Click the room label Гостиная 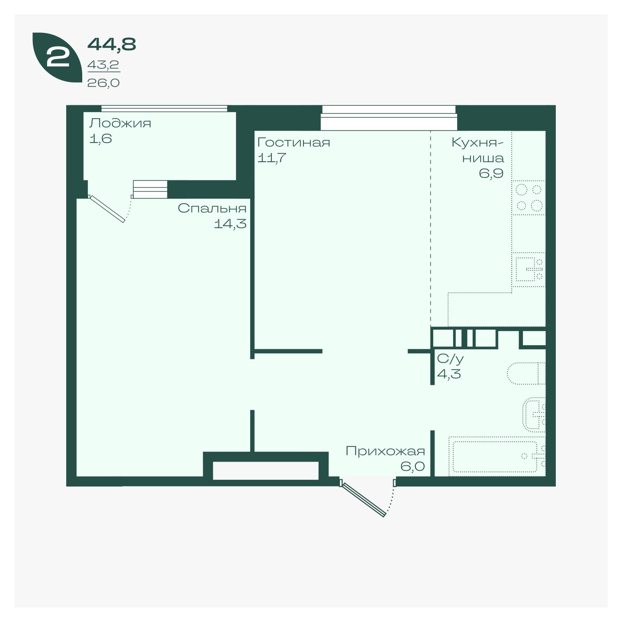tap(293, 142)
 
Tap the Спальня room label tap(212, 208)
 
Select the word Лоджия tap(120, 124)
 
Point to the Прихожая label tap(385, 451)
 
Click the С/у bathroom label tap(450, 359)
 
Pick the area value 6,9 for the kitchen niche tap(491, 173)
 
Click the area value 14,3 tap(230, 223)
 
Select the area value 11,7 tap(272, 158)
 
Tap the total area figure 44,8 tap(112, 44)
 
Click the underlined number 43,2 tap(103, 65)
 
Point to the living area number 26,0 tap(103, 83)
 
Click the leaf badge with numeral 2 tap(57, 57)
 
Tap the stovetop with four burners tap(528, 198)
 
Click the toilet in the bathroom tap(526, 374)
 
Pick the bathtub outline tap(497, 456)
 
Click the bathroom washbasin tap(534, 415)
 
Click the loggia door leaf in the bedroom tap(107, 209)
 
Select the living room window tap(389, 118)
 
